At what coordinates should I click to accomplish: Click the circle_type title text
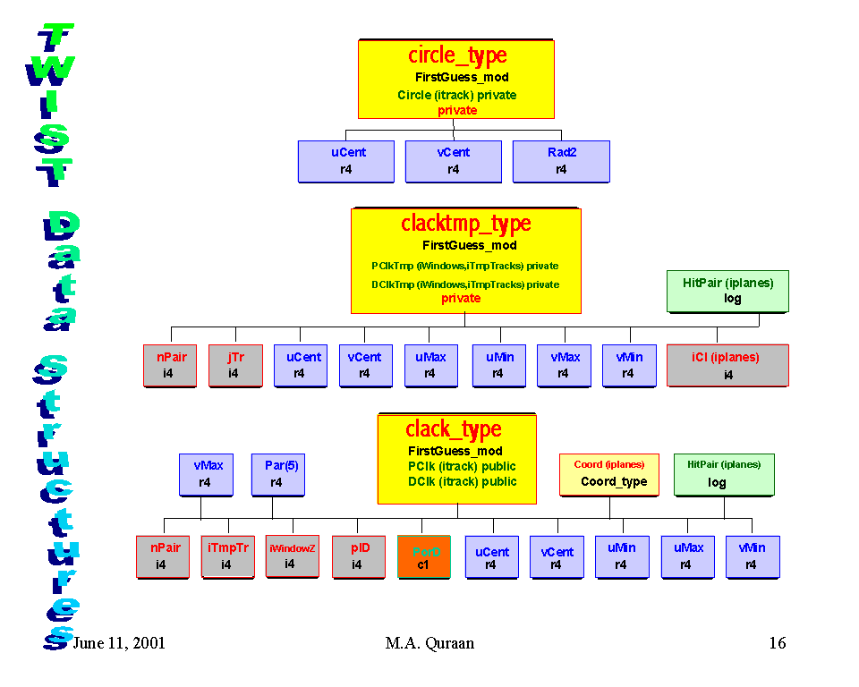(456, 56)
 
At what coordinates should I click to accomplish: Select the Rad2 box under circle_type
(561, 161)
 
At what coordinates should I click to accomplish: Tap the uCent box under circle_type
(346, 161)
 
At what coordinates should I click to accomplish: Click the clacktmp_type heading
(465, 224)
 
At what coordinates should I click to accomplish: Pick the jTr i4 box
(234, 365)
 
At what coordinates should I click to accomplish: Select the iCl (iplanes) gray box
(727, 365)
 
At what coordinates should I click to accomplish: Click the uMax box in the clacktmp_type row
(430, 365)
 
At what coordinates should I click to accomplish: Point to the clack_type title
(454, 429)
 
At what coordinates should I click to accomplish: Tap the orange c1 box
(423, 556)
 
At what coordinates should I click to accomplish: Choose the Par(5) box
(276, 473)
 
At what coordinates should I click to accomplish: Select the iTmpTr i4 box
(227, 556)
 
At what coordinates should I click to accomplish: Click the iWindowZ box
(292, 556)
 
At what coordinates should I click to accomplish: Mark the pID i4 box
(358, 556)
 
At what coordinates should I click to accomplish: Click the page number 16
(777, 643)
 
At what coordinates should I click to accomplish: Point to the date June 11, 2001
(118, 643)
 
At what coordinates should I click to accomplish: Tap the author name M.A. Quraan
(429, 643)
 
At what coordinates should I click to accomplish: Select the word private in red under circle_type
(457, 110)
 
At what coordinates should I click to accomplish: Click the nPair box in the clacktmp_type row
(169, 365)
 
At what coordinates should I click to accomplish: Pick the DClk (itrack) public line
(462, 481)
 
